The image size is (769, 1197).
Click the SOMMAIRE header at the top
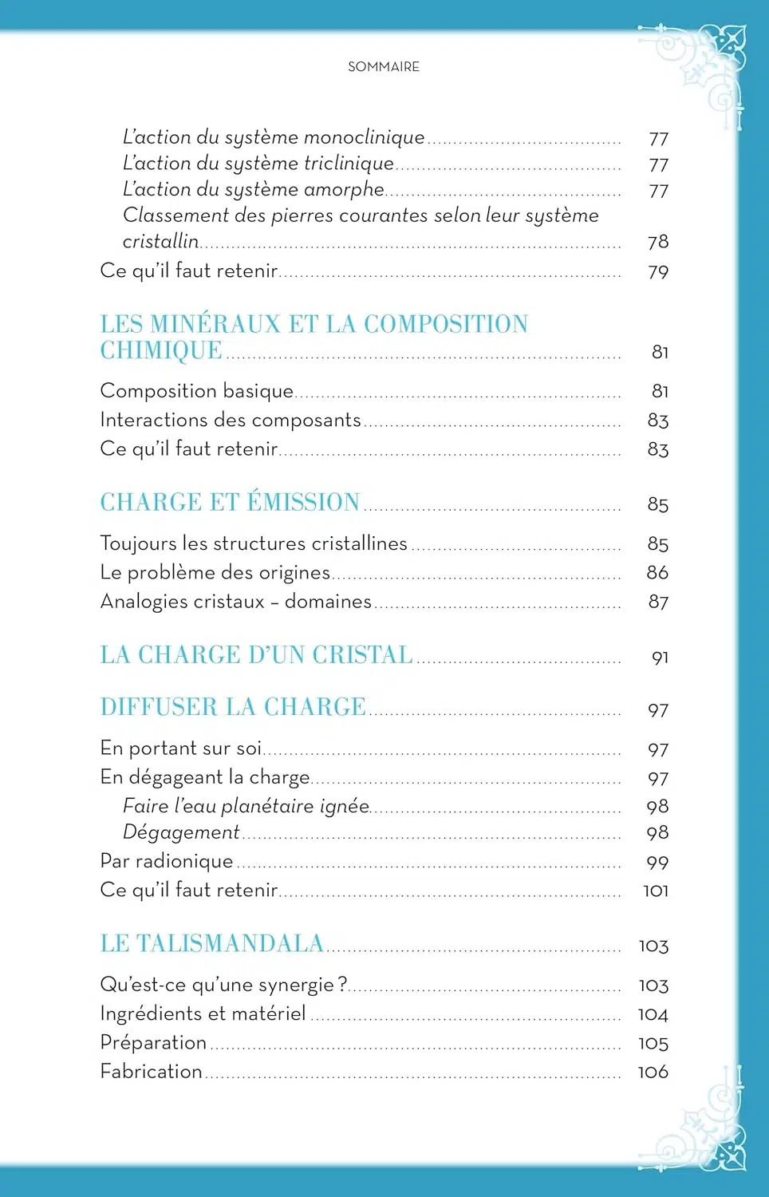[x=384, y=67]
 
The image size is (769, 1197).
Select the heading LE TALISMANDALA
[x=211, y=943]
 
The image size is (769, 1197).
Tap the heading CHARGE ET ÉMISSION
[x=230, y=502]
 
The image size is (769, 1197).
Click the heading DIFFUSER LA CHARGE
[x=233, y=707]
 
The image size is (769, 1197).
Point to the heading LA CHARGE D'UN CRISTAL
[x=256, y=655]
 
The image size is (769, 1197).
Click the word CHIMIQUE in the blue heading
[x=161, y=350]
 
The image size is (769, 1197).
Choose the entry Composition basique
[x=197, y=391]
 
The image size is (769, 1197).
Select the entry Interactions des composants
[x=231, y=420]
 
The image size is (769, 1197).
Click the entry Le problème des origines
[x=215, y=572]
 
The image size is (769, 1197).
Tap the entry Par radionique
[x=167, y=861]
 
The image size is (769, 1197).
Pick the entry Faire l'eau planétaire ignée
[x=246, y=806]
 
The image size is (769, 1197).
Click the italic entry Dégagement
[x=181, y=832]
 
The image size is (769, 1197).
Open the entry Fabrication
[x=152, y=1071]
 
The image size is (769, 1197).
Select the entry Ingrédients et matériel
[x=203, y=1013]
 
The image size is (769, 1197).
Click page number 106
[x=653, y=1073]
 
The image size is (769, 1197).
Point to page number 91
[x=660, y=658]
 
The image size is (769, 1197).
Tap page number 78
[x=658, y=242]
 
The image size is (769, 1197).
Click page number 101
[x=656, y=891]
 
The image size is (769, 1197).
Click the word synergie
[x=296, y=985]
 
